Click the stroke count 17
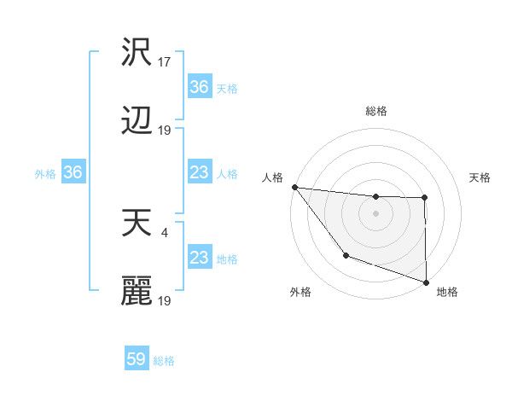[166, 61]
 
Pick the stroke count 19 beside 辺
[166, 131]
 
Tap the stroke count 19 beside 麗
[166, 300]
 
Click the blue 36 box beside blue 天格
[199, 87]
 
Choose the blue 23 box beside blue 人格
[199, 173]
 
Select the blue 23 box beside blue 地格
[199, 259]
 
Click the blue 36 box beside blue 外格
[73, 173]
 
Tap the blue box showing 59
[137, 360]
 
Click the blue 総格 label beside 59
[164, 361]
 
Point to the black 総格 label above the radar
[376, 111]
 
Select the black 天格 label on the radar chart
[480, 177]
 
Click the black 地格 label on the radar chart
[447, 292]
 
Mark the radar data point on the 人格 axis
[294, 187]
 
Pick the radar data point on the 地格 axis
[426, 282]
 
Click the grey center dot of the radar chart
[376, 213]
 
